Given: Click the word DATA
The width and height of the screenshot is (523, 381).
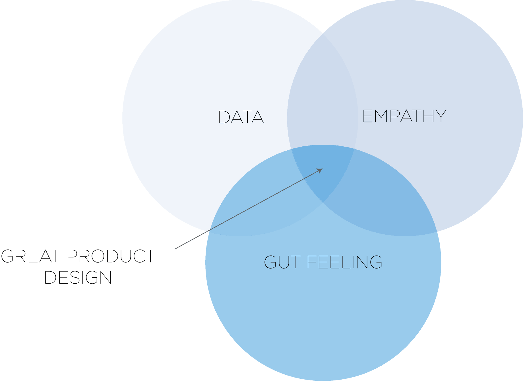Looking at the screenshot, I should (241, 117).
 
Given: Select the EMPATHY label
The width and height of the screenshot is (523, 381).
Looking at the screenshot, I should (404, 116).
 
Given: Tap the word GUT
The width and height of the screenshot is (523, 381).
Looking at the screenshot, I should (282, 262).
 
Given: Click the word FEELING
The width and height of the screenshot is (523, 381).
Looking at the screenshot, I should (344, 262).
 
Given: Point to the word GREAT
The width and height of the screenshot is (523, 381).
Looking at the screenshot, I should (31, 256).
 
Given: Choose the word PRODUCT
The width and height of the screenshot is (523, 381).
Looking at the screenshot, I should (111, 256).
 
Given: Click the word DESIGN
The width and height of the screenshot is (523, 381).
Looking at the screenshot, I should (78, 277).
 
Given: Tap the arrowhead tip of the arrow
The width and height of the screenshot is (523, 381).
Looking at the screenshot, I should (323, 169).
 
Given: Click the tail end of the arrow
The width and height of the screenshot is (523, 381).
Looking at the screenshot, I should (175, 249).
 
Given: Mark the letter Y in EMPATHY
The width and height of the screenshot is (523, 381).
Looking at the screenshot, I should (440, 116).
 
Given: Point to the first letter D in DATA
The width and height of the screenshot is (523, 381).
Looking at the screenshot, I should (224, 117).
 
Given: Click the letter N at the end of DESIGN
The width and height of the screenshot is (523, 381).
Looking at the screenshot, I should (105, 277).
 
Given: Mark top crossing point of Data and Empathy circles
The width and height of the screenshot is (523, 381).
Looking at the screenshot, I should (323, 33).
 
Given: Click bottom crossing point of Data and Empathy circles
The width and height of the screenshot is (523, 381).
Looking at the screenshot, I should (323, 202).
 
